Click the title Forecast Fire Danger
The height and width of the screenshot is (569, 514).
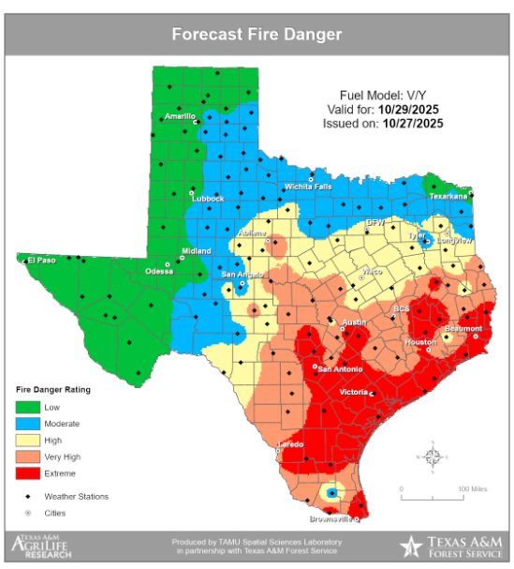(x=257, y=36)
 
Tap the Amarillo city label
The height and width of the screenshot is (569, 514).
(x=179, y=116)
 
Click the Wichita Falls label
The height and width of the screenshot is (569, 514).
(x=309, y=186)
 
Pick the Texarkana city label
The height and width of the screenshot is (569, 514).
(x=448, y=197)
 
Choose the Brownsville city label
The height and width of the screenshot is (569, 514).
(x=332, y=518)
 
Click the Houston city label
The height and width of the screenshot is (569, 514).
(x=420, y=342)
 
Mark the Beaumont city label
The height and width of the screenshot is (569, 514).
(x=463, y=329)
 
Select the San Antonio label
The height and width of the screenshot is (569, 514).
(x=339, y=368)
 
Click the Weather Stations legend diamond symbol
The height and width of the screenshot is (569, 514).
(x=28, y=496)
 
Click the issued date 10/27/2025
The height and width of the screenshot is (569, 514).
(x=413, y=123)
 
